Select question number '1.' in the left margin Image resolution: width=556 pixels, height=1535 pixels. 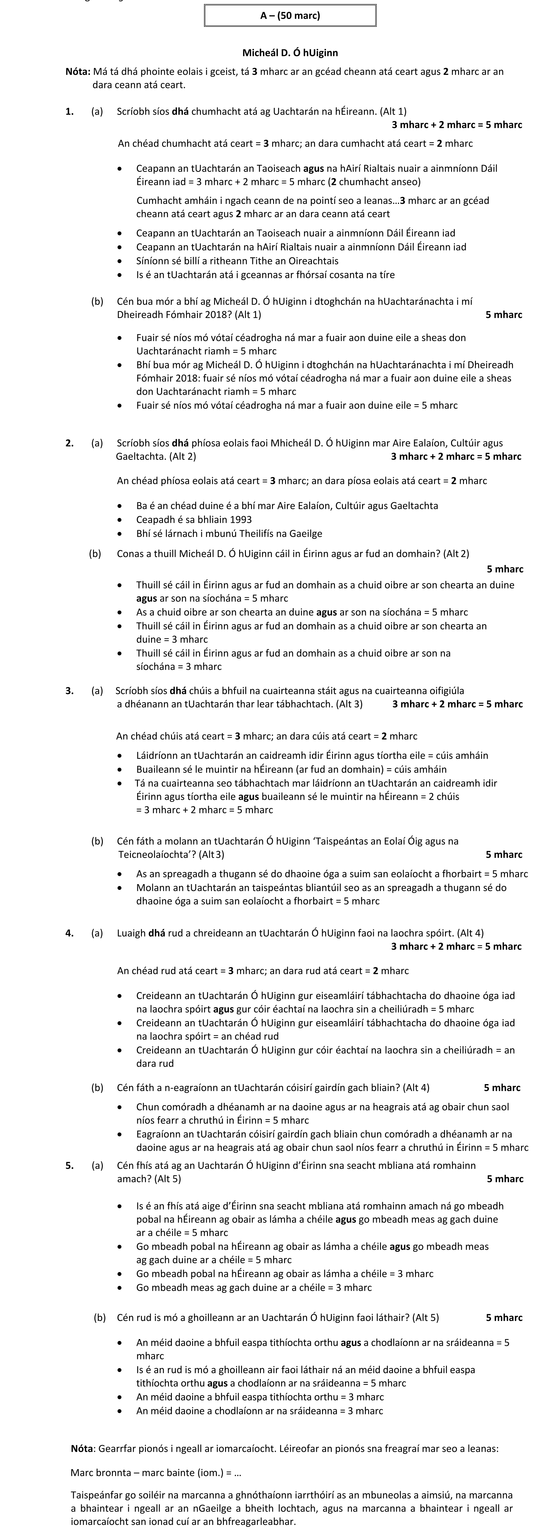click(x=70, y=111)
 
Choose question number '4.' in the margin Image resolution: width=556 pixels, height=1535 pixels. click(x=70, y=932)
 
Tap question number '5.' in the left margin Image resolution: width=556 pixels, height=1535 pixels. click(x=70, y=1165)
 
